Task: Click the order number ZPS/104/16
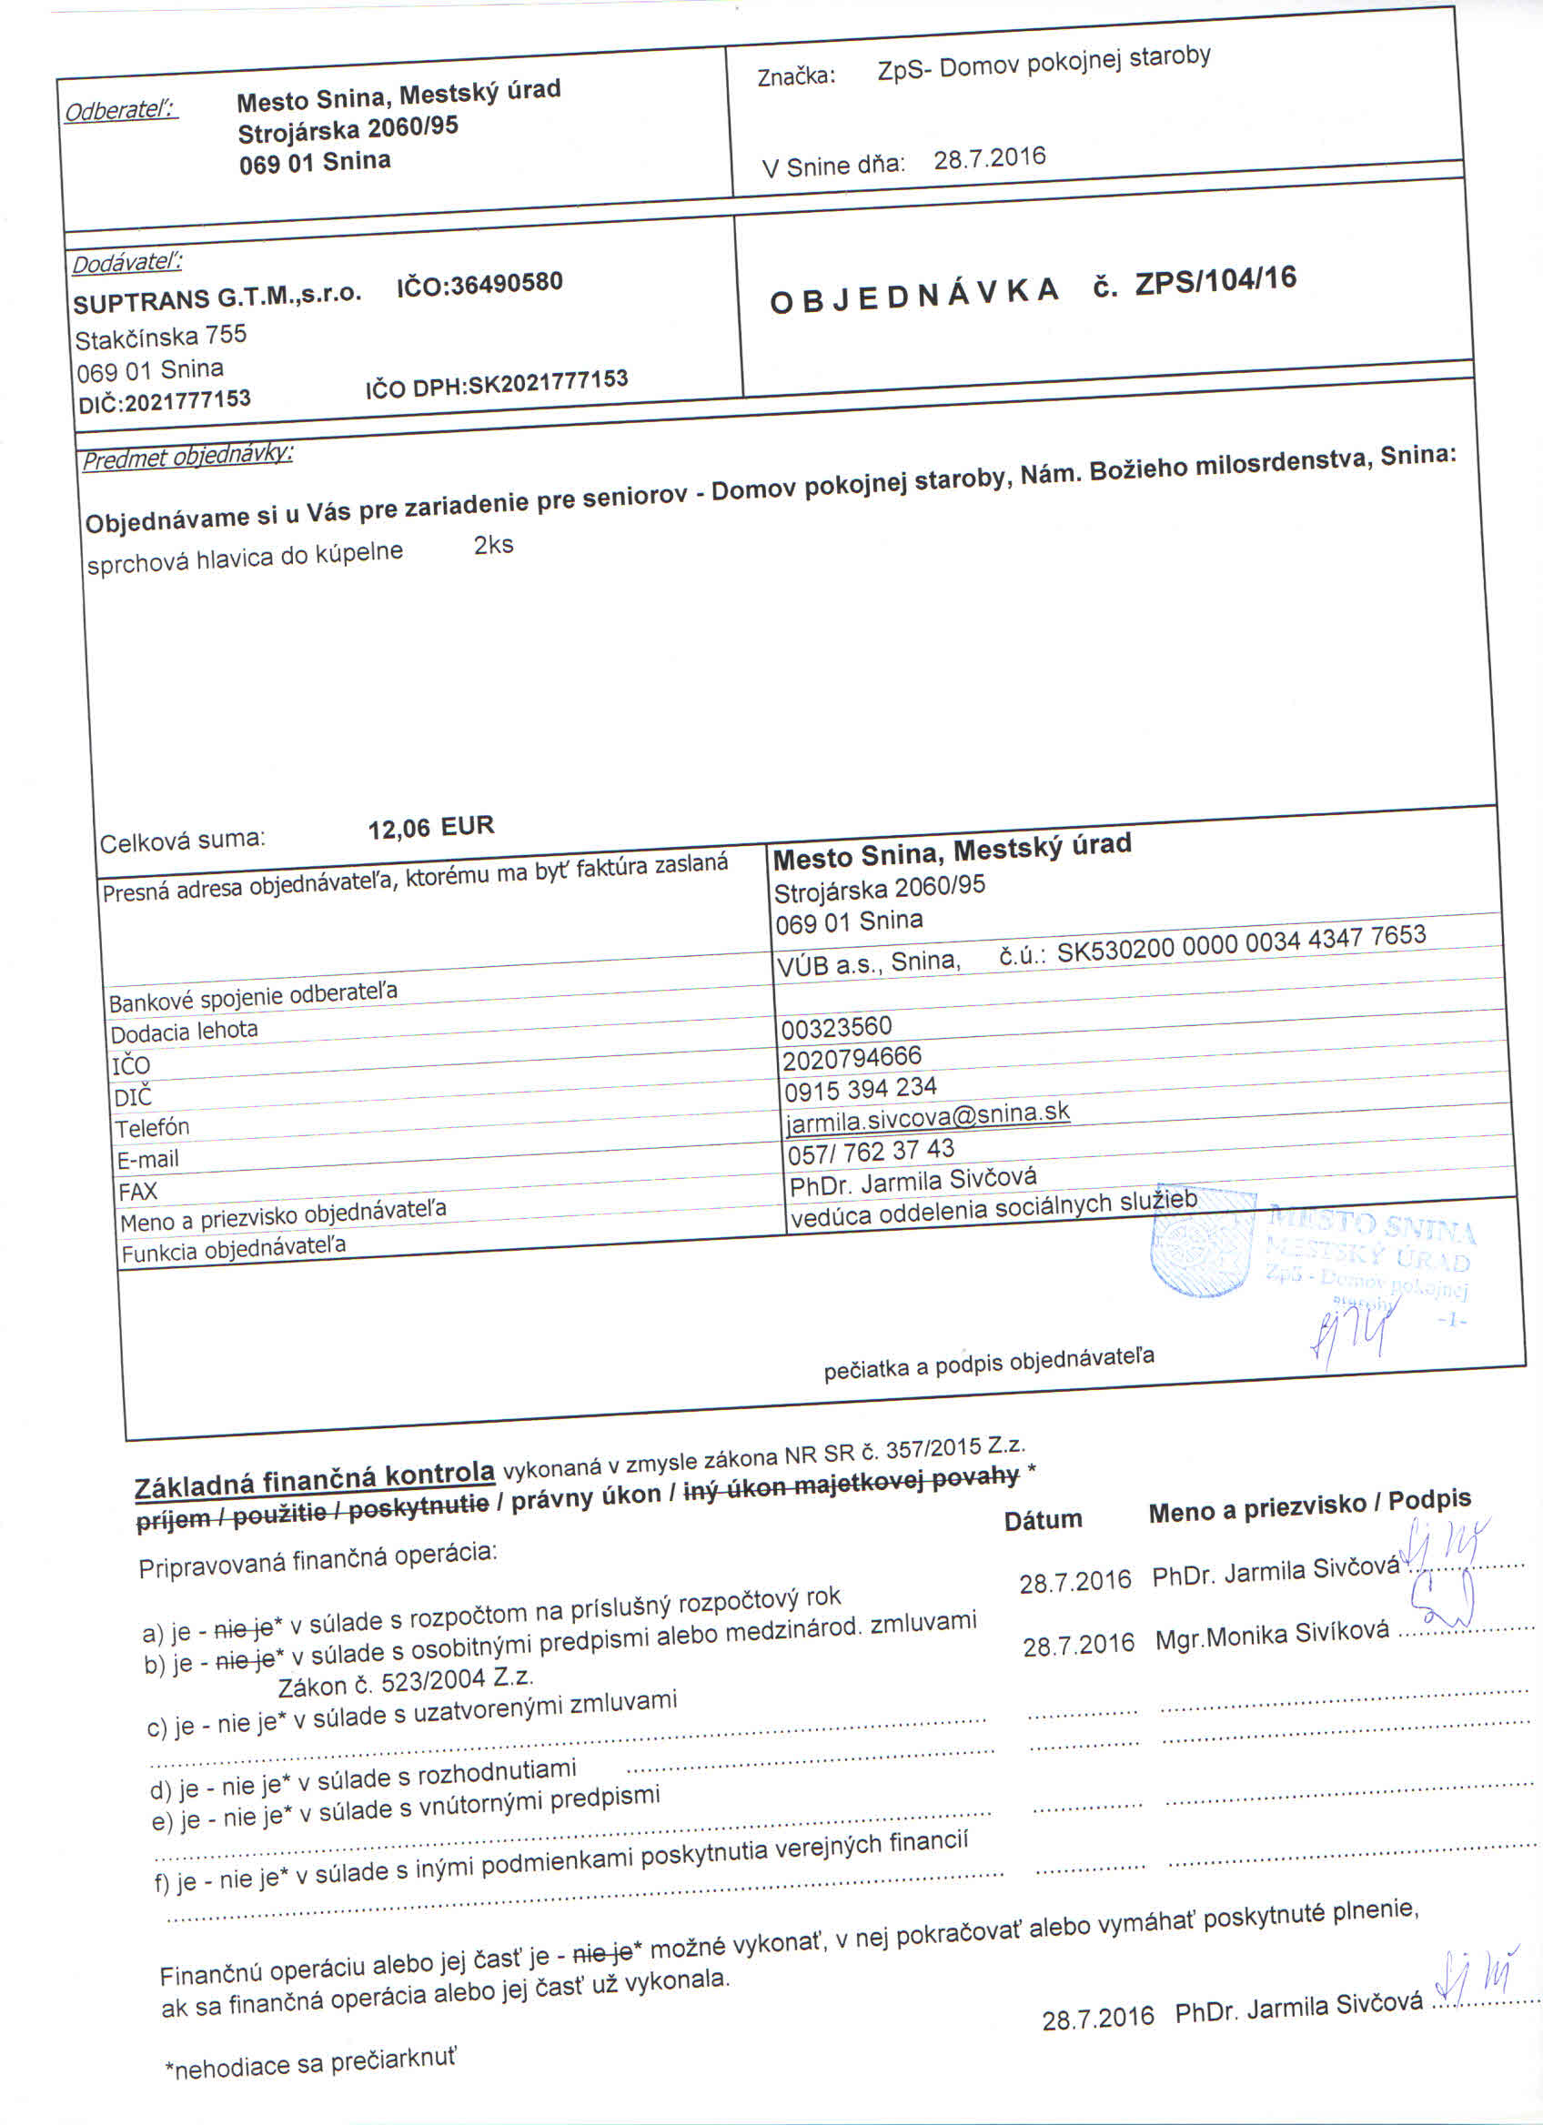pos(1215,280)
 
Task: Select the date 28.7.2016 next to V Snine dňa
pos(989,157)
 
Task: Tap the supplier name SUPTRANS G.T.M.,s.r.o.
pos(217,297)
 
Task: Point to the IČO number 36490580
pos(507,282)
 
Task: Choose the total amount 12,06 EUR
pos(431,827)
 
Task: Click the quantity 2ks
pos(494,545)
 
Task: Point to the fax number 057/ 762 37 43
pos(871,1151)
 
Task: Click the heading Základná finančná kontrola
pos(315,1479)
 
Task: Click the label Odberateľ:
pos(121,111)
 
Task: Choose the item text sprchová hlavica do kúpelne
pos(245,558)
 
